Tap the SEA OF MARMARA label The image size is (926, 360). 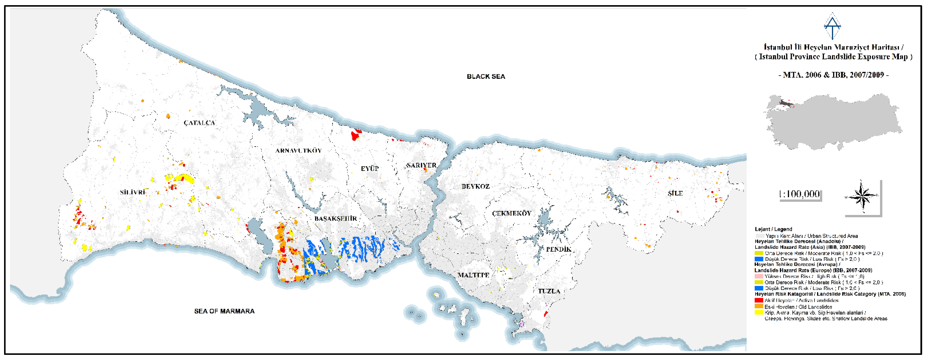click(x=224, y=311)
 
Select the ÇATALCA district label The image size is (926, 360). click(x=199, y=123)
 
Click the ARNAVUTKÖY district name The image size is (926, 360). click(x=298, y=151)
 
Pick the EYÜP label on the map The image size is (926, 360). click(x=370, y=168)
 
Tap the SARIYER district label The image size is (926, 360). click(x=421, y=165)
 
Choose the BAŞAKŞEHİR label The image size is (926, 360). click(x=336, y=218)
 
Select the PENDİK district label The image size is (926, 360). click(x=559, y=249)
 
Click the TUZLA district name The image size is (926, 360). click(x=549, y=291)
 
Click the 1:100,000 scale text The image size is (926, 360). click(x=800, y=194)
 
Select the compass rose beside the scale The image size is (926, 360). click(x=862, y=196)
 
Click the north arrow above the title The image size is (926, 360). click(x=832, y=26)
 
